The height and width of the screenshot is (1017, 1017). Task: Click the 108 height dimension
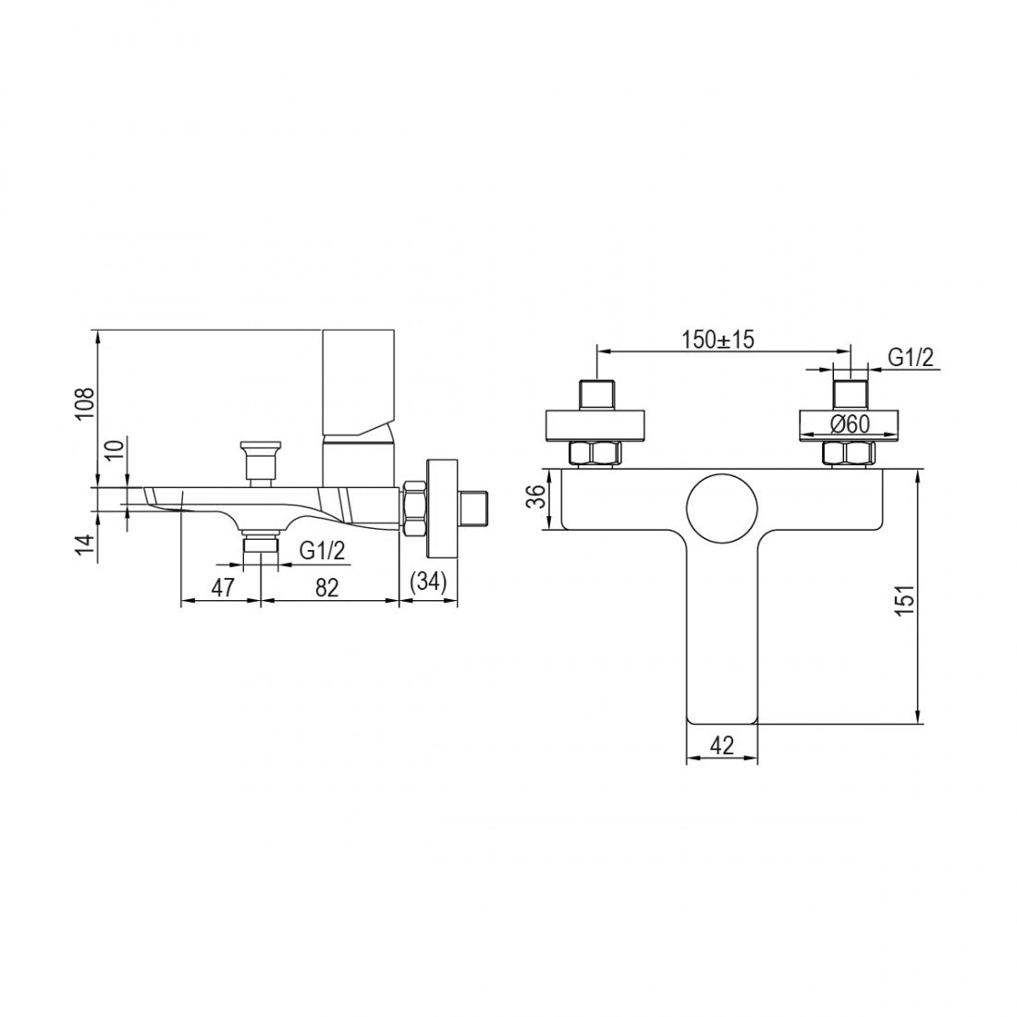pyautogui.click(x=86, y=404)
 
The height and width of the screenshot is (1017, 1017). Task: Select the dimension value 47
pyautogui.click(x=223, y=588)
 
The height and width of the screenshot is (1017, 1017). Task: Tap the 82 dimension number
pyautogui.click(x=327, y=588)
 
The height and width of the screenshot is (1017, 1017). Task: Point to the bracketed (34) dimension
pyautogui.click(x=429, y=582)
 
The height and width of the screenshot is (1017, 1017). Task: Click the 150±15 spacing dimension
pyautogui.click(x=718, y=339)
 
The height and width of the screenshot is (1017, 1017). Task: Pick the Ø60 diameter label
pyautogui.click(x=850, y=423)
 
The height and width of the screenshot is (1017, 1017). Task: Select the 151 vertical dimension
pyautogui.click(x=905, y=599)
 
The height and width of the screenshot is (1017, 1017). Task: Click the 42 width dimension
pyautogui.click(x=721, y=746)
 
